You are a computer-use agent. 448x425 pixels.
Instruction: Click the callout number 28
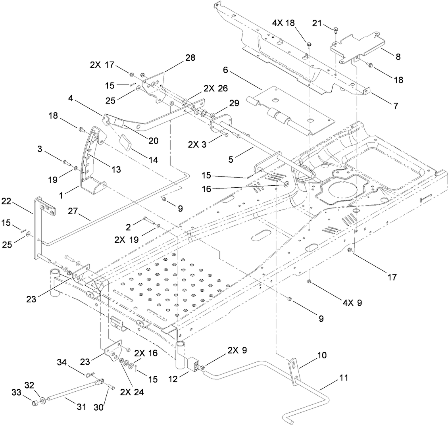[x=190, y=58]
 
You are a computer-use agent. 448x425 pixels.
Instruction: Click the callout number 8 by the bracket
[x=398, y=57]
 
